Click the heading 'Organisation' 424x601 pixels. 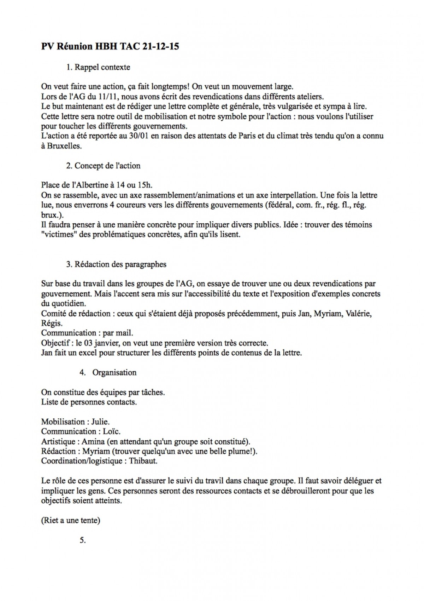(x=114, y=372)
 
